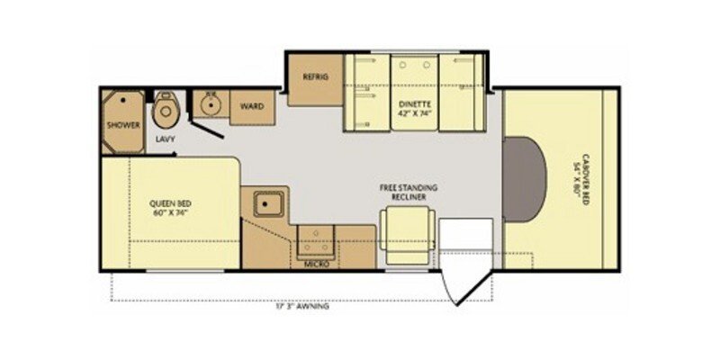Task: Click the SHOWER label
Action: coord(122,125)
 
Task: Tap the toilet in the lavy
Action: coord(165,113)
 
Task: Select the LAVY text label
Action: coord(165,139)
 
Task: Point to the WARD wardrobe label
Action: coord(251,106)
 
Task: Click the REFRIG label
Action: coord(315,77)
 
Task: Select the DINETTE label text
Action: coord(415,103)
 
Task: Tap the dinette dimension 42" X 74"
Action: coord(415,114)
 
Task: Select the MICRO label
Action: coord(316,265)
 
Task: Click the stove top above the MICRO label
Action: coord(317,240)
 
